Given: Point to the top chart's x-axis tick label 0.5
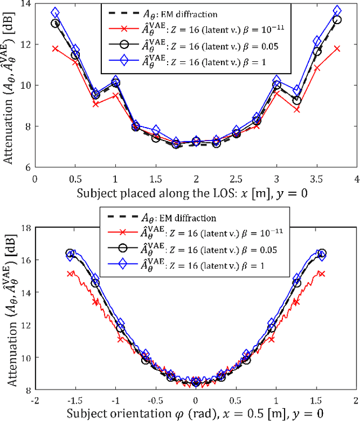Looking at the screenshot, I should [75, 178].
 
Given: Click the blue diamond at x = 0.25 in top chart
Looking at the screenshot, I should [55, 12].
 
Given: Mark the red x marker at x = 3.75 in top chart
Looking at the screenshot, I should [337, 49].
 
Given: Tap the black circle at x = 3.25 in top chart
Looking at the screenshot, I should [296, 101].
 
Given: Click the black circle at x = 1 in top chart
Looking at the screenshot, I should [115, 83].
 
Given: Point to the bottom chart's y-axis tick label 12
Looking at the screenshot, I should [25, 325].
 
